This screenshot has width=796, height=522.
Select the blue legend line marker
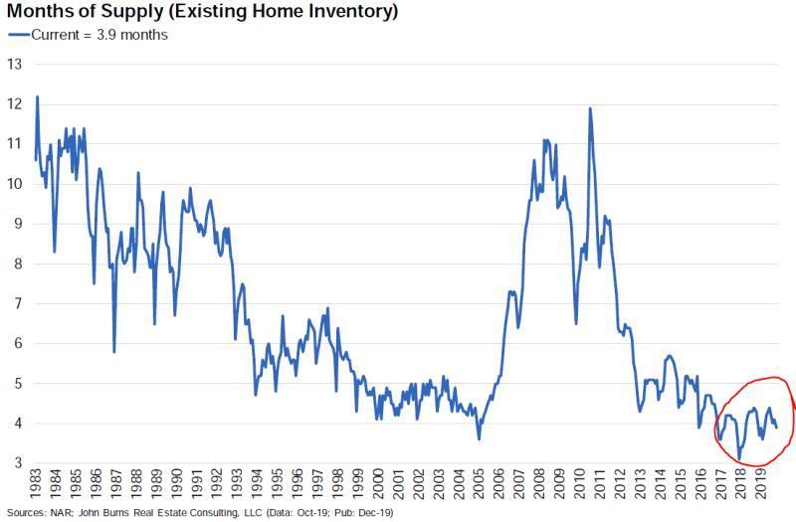(x=19, y=35)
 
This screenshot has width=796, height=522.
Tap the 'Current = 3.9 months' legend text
(x=100, y=35)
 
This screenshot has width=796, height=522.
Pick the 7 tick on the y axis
(x=16, y=303)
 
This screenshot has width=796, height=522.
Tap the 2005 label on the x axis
(x=480, y=487)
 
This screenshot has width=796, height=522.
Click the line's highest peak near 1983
(x=37, y=96)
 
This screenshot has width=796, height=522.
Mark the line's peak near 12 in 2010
(x=590, y=108)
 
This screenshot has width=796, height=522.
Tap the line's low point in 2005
(x=480, y=438)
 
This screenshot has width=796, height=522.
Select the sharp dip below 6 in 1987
(x=114, y=351)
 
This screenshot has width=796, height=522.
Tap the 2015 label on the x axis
(x=680, y=487)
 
